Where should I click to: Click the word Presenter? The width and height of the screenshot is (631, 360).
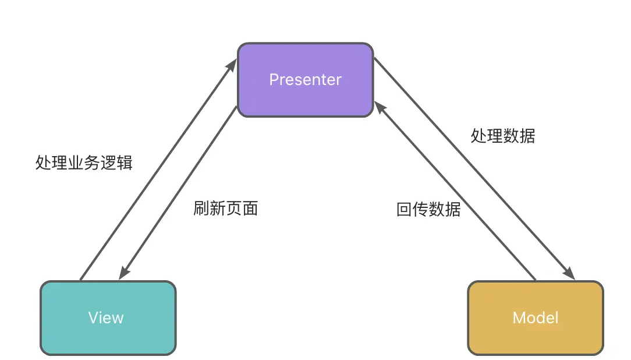[305, 80]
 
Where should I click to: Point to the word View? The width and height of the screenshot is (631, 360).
[106, 317]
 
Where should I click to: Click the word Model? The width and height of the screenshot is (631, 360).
[536, 317]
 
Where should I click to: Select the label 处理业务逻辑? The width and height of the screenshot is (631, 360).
[84, 163]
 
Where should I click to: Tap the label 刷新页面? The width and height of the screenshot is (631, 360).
[225, 209]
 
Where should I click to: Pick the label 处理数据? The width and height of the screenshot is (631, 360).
[502, 136]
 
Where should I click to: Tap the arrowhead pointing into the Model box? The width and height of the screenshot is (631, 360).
[569, 273]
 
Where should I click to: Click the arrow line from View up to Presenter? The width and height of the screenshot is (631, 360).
[157, 169]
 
